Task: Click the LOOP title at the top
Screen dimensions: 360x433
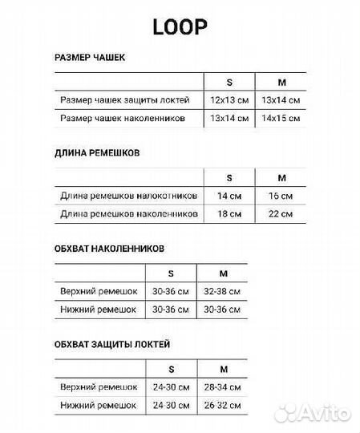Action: click(x=180, y=26)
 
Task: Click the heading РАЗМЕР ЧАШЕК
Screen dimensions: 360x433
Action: click(x=89, y=58)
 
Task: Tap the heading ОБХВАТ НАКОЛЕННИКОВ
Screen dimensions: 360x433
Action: click(x=109, y=249)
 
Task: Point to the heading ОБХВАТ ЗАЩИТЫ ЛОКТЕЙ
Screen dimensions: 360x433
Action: click(x=112, y=344)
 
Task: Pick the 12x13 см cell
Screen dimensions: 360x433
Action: click(x=229, y=100)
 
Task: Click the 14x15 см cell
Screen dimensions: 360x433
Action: click(x=281, y=119)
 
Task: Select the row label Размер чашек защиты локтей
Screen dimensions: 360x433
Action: click(x=124, y=100)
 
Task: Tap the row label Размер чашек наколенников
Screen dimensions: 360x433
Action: click(x=123, y=119)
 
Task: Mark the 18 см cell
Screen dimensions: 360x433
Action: click(x=229, y=214)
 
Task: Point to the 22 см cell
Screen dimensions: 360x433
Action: click(x=281, y=214)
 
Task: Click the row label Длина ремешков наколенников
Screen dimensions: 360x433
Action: click(x=128, y=214)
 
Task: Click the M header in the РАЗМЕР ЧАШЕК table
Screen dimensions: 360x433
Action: click(x=281, y=81)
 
